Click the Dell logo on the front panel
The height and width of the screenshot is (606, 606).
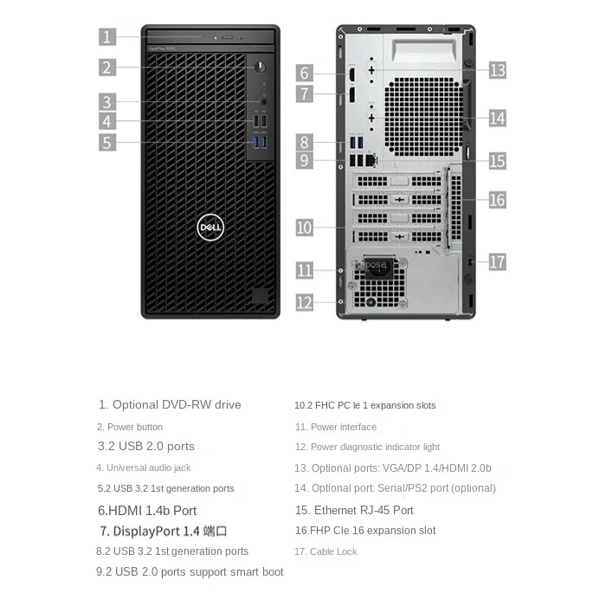click(211, 228)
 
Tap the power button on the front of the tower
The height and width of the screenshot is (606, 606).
click(261, 67)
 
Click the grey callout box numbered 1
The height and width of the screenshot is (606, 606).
click(107, 36)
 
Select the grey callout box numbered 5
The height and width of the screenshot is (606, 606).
click(107, 143)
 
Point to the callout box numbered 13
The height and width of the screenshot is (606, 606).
click(497, 70)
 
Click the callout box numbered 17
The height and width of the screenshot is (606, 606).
click(497, 261)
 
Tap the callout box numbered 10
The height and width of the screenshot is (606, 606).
click(304, 228)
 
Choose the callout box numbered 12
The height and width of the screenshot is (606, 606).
click(304, 302)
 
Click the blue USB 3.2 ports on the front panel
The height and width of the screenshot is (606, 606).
click(261, 142)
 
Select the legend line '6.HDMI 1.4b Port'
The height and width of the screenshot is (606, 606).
click(147, 511)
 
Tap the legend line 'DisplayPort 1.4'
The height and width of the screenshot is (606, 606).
click(164, 531)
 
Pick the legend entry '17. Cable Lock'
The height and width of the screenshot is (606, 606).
click(326, 551)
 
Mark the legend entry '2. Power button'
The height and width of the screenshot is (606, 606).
click(129, 427)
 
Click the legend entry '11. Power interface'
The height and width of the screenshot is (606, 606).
click(335, 427)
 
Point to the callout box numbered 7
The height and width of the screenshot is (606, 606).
click(304, 93)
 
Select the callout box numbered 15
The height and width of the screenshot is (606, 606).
click(497, 161)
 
